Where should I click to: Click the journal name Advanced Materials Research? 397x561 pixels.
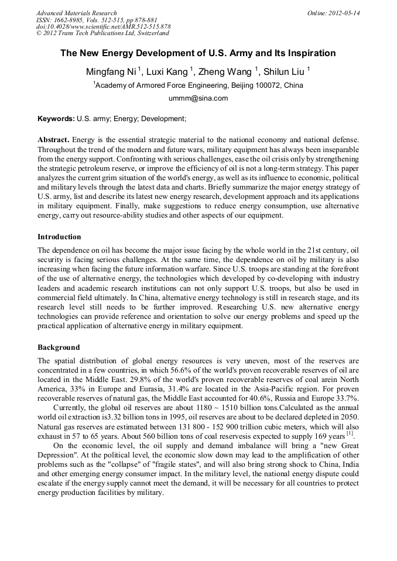pyautogui.click(x=77, y=13)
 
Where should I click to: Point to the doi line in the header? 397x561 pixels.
pyautogui.click(x=103, y=27)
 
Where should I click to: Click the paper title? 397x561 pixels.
pyautogui.click(x=198, y=53)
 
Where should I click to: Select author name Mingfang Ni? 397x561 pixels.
pyautogui.click(x=111, y=72)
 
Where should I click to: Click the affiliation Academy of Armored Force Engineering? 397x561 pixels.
pyautogui.click(x=199, y=85)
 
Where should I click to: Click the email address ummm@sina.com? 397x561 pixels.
pyautogui.click(x=198, y=98)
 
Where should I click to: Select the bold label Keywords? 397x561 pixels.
pyautogui.click(x=56, y=119)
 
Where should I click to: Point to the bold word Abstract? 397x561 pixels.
pyautogui.click(x=53, y=140)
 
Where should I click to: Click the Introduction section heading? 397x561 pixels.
pyautogui.click(x=59, y=237)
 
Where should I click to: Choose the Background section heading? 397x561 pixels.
pyautogui.click(x=59, y=347)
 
